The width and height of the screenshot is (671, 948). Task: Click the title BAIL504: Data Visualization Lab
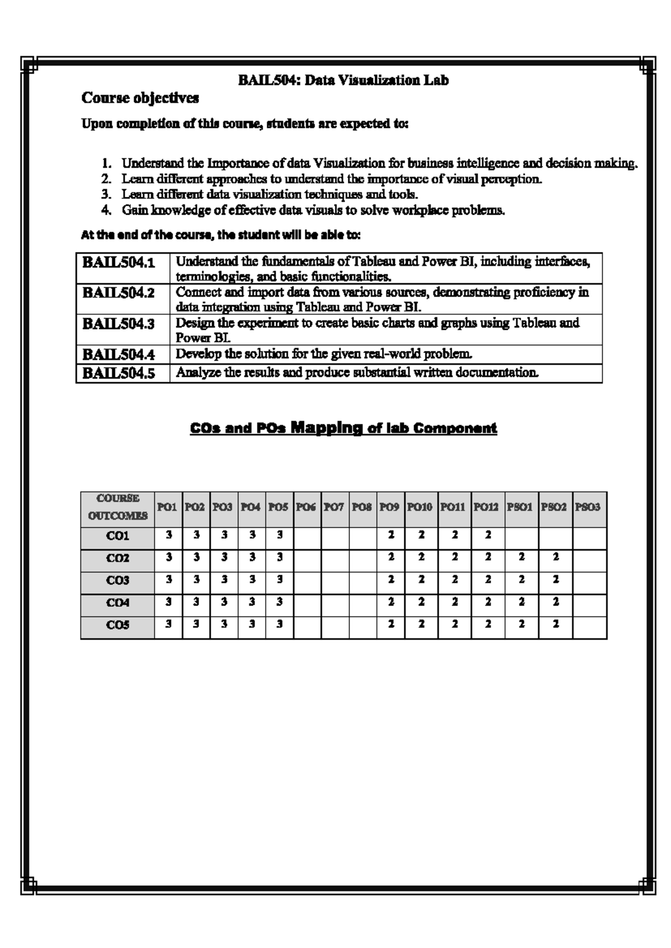(x=343, y=80)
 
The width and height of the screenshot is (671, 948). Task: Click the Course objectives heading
(x=140, y=98)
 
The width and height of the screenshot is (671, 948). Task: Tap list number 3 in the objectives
(x=106, y=195)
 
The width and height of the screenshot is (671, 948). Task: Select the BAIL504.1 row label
(x=119, y=262)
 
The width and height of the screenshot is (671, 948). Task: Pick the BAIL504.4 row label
(x=119, y=354)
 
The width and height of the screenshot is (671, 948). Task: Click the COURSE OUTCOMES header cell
(x=117, y=507)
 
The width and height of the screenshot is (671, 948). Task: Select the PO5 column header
(x=278, y=507)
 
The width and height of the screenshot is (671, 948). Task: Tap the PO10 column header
(x=420, y=507)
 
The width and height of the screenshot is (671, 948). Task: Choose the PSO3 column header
(x=588, y=507)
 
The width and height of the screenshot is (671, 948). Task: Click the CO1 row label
(x=117, y=536)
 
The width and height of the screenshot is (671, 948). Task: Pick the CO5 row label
(x=117, y=625)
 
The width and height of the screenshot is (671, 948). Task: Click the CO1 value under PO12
(x=488, y=535)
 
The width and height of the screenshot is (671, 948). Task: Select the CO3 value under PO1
(x=168, y=580)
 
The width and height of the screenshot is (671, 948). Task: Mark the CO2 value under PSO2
(x=555, y=557)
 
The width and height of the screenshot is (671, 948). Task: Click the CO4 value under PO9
(x=391, y=602)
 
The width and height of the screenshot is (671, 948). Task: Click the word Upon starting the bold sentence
(x=97, y=124)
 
